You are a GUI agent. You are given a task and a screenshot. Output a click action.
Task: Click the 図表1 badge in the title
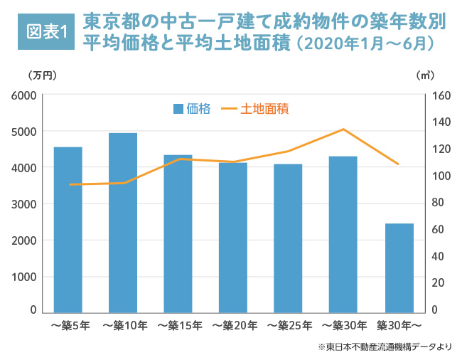[x=46, y=32]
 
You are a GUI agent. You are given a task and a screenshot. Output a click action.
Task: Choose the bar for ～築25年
[x=288, y=238]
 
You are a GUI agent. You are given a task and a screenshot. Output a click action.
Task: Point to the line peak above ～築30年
[x=343, y=129]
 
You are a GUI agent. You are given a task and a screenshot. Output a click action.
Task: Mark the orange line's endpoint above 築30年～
[x=399, y=164]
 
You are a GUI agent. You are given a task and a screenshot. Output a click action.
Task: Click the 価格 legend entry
[x=192, y=109]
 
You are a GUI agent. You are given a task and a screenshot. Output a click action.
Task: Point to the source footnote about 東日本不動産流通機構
[x=385, y=346]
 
